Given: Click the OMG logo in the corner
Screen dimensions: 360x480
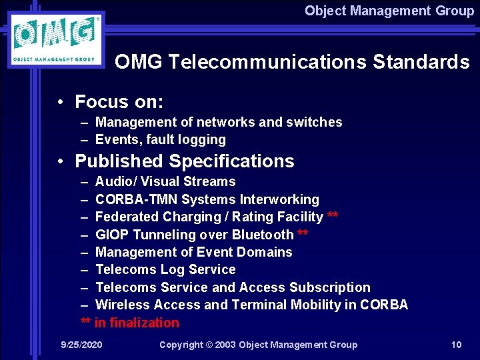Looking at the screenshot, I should click(x=56, y=39).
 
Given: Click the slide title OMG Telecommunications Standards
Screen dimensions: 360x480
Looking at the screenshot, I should click(x=292, y=62).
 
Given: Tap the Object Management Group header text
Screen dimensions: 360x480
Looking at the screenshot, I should click(x=389, y=11).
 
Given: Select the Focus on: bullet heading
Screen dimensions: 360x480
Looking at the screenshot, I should click(x=119, y=102).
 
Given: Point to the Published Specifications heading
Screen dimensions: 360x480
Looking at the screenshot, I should click(x=184, y=161).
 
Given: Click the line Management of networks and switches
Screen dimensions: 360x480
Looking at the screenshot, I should click(x=219, y=122).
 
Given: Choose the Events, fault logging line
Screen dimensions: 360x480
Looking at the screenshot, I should click(x=161, y=139).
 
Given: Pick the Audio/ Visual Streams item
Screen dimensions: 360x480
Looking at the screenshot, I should click(x=165, y=181).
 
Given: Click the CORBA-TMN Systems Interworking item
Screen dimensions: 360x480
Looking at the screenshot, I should click(x=207, y=199).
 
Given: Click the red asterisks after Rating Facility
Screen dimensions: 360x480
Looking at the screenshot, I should click(x=333, y=216).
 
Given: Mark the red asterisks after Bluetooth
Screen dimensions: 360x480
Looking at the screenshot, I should click(x=303, y=234).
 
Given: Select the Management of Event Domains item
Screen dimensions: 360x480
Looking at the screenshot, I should click(x=194, y=252).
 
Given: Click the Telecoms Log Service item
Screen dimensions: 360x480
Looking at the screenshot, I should click(x=165, y=269).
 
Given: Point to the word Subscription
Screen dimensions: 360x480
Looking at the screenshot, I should click(x=330, y=287).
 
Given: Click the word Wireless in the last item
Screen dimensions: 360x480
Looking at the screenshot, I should click(x=123, y=305).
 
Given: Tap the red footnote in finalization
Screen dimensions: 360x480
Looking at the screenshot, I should click(x=130, y=323).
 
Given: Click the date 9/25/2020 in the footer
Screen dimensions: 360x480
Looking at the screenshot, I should click(x=81, y=345).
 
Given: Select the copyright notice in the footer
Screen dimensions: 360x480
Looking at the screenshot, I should click(x=258, y=345).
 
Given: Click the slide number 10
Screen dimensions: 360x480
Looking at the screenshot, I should click(x=456, y=345).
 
